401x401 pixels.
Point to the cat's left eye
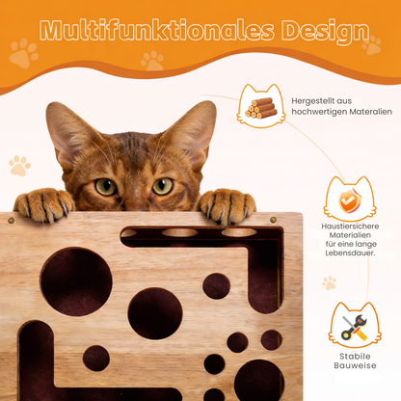(x=105, y=185)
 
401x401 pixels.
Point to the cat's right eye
(x=163, y=184)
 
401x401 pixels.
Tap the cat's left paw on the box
(x=44, y=203)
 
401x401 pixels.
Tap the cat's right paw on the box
(x=227, y=204)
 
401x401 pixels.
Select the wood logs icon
(x=262, y=105)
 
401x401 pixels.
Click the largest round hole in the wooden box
(x=76, y=281)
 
